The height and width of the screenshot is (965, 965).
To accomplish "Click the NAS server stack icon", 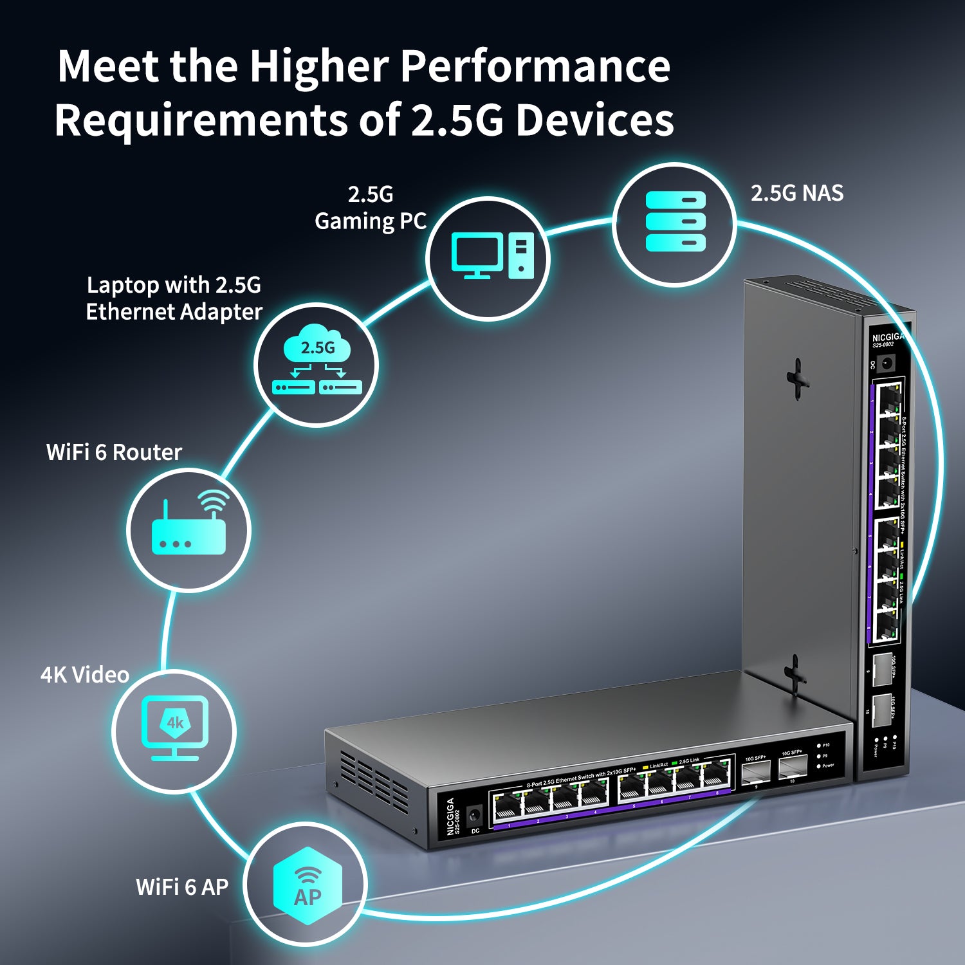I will [x=675, y=221].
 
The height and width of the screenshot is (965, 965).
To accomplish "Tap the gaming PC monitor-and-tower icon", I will [x=492, y=256].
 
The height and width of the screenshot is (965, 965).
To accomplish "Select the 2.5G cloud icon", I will [x=317, y=365].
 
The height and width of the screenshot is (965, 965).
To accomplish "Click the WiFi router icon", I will [x=189, y=529].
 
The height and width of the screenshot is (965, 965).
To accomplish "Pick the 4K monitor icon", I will [x=174, y=728].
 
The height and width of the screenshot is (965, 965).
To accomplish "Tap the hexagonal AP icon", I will [x=307, y=886].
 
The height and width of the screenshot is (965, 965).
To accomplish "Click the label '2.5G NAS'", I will [x=796, y=193].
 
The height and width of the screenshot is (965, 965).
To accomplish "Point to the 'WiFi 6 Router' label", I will [x=114, y=452].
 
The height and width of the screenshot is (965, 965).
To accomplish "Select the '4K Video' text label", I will [x=85, y=675].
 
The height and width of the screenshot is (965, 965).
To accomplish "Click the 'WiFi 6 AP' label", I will [x=182, y=887].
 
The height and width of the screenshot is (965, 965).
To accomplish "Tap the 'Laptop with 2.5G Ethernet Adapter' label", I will [x=174, y=298].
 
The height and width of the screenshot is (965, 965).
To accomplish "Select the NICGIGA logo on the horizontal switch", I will [x=450, y=816].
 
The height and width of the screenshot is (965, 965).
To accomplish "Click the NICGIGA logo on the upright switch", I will [x=887, y=337].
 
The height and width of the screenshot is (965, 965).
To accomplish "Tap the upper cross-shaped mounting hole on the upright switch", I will [x=797, y=379].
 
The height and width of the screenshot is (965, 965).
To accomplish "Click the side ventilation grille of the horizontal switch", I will [x=374, y=780].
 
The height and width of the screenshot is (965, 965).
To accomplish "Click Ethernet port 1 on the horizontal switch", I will [x=508, y=808].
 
